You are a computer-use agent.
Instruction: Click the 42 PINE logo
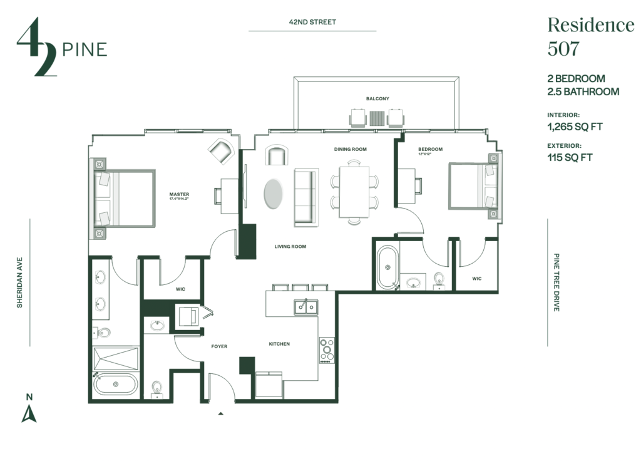click(61, 49)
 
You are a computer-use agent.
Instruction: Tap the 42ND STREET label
click(312, 22)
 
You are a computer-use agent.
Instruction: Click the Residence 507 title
click(590, 36)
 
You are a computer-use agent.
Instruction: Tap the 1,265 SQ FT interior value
click(575, 127)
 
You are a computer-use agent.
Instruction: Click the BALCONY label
click(377, 99)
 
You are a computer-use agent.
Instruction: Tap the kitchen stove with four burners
click(326, 350)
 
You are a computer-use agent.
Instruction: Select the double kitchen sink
click(306, 307)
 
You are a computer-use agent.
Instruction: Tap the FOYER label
click(219, 346)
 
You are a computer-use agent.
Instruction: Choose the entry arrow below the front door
click(220, 414)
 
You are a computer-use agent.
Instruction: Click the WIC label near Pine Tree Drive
click(476, 279)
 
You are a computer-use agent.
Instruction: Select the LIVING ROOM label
click(290, 247)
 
